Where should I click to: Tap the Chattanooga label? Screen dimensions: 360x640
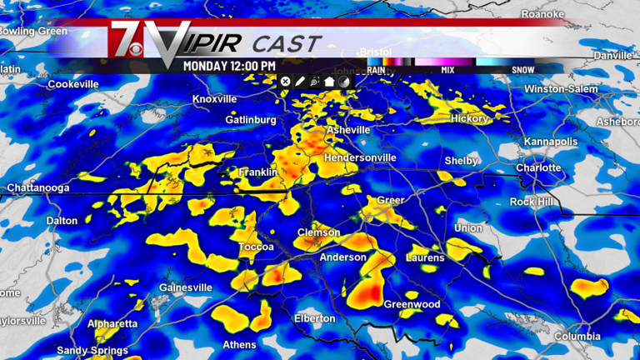[38, 188]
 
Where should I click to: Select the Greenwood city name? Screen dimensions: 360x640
[412, 305]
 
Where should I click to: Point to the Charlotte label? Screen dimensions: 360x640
[538, 167]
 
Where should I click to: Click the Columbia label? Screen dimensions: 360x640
[577, 337]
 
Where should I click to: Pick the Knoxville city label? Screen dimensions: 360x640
[215, 99]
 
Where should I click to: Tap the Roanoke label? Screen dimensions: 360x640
[542, 15]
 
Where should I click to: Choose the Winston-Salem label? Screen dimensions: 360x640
[561, 88]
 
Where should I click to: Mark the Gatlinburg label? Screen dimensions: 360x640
[251, 120]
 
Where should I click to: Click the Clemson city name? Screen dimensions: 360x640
[319, 232]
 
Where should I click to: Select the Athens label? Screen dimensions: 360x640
[239, 345]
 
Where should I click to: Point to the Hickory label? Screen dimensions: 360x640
[469, 119]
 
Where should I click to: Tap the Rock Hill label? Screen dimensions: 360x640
[533, 202]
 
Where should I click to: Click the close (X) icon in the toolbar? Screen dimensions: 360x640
[285, 81]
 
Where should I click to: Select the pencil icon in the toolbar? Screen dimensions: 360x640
[300, 81]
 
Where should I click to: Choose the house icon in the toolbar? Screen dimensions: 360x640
[329, 81]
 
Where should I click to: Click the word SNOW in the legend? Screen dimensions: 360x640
[523, 71]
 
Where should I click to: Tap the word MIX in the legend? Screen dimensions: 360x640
[447, 71]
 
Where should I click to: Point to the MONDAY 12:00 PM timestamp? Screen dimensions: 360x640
[229, 65]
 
